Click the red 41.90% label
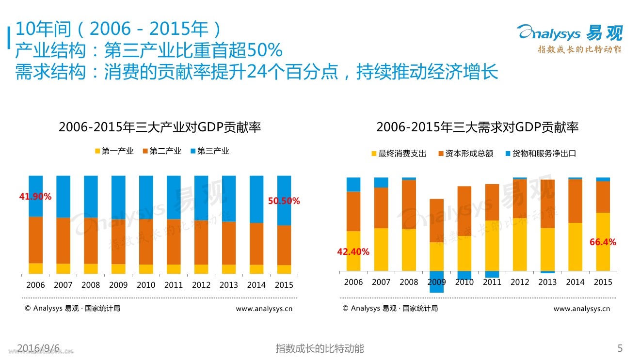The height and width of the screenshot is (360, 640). [x=35, y=197]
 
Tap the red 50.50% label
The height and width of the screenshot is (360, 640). [x=284, y=201]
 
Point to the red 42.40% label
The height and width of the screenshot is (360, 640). [x=353, y=252]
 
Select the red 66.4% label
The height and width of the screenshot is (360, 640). [x=603, y=242]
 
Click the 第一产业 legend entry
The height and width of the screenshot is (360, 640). [x=114, y=151]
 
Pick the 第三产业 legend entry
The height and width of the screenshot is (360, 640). [x=210, y=151]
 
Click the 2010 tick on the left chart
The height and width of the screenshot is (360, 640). [x=146, y=285]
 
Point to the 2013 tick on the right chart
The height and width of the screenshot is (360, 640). [x=547, y=282]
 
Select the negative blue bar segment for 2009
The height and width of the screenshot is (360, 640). [x=436, y=282]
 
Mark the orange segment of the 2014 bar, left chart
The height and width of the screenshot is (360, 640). [x=256, y=244]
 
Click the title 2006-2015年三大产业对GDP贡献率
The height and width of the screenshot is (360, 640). [x=160, y=127]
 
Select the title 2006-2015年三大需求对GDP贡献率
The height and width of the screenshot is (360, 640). [x=477, y=127]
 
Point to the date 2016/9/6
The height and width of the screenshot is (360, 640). [x=38, y=348]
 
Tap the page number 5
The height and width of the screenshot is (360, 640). [x=620, y=348]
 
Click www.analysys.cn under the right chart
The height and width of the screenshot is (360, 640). [x=581, y=309]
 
